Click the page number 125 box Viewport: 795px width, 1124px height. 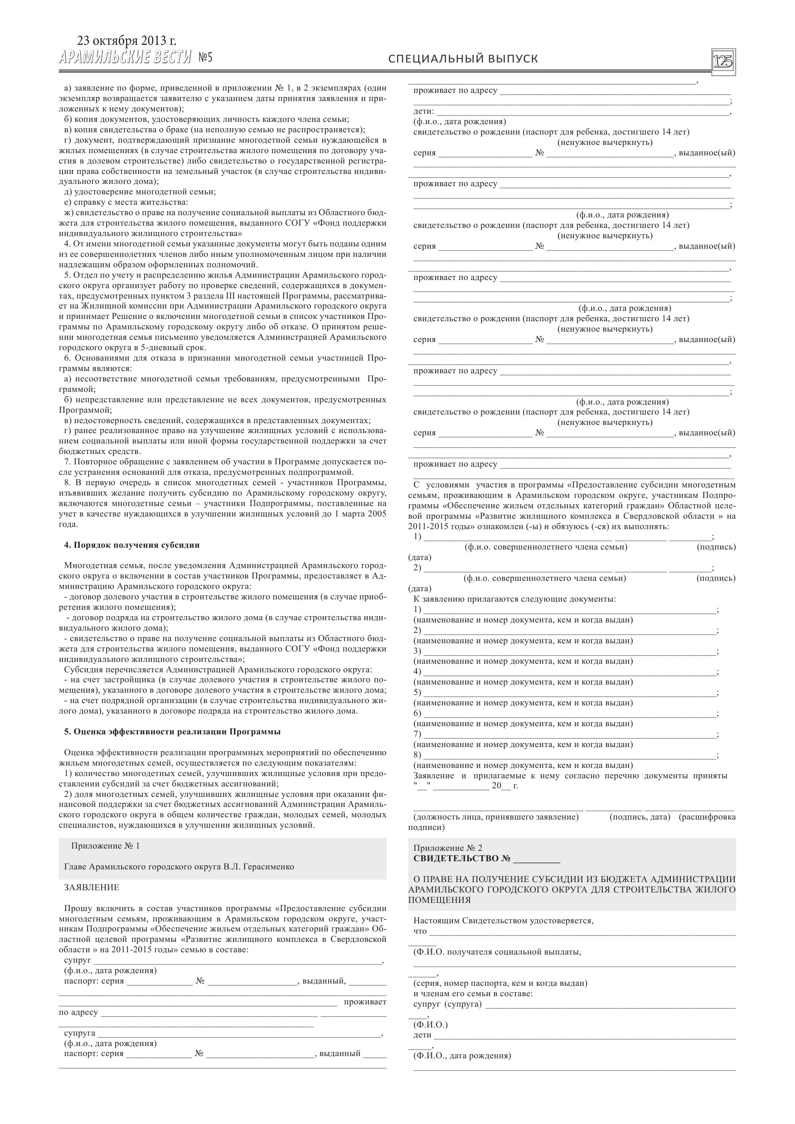point(723,62)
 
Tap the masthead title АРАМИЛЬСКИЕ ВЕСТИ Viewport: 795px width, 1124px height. point(125,58)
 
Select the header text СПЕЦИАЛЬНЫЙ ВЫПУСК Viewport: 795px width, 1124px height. point(463,59)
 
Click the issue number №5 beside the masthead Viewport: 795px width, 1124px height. point(206,58)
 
